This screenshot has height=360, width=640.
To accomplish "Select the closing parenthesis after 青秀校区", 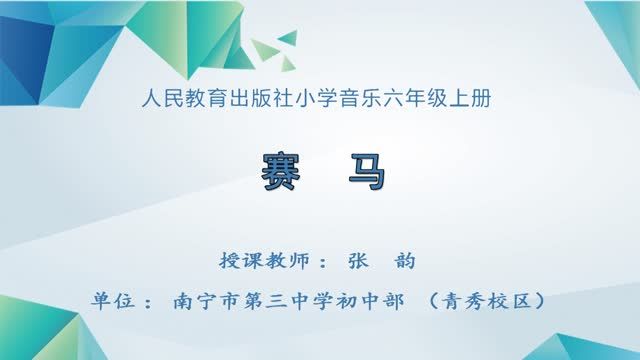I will pos(541,300).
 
